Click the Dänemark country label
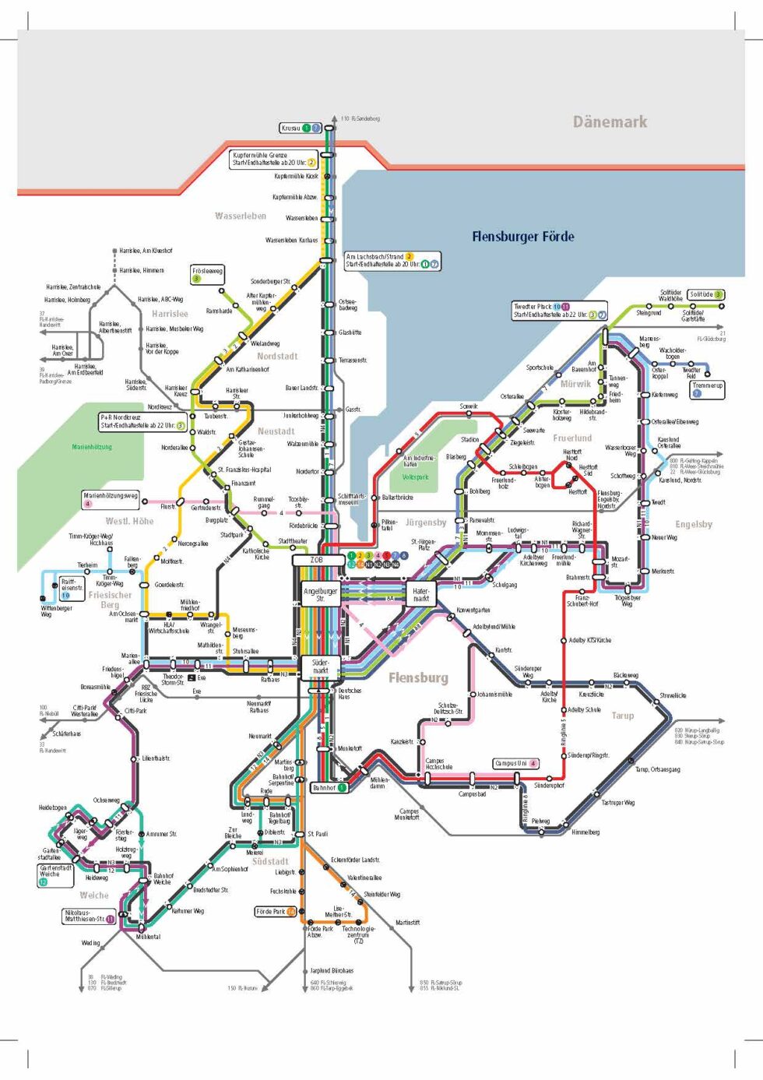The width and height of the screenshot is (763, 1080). (610, 121)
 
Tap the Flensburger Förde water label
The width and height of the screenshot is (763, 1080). (522, 237)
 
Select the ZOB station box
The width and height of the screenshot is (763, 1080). (318, 560)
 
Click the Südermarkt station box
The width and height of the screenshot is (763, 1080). (320, 667)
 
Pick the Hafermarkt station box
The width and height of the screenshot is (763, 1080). (420, 594)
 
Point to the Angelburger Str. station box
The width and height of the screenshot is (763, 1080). (320, 594)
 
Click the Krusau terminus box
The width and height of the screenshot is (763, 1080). (301, 128)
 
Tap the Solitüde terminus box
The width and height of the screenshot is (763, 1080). (706, 294)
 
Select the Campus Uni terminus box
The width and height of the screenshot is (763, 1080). (516, 763)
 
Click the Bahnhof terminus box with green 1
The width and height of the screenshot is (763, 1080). (329, 788)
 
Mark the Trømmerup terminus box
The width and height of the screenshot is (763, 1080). (707, 389)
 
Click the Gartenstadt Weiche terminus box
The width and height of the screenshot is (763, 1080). (55, 874)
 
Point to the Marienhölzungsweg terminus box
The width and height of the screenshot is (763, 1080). (111, 499)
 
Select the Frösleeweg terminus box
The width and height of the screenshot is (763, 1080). (207, 274)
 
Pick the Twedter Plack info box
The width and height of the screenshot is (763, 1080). (559, 310)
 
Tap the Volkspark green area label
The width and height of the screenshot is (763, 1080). (415, 477)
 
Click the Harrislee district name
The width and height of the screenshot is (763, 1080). (170, 314)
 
